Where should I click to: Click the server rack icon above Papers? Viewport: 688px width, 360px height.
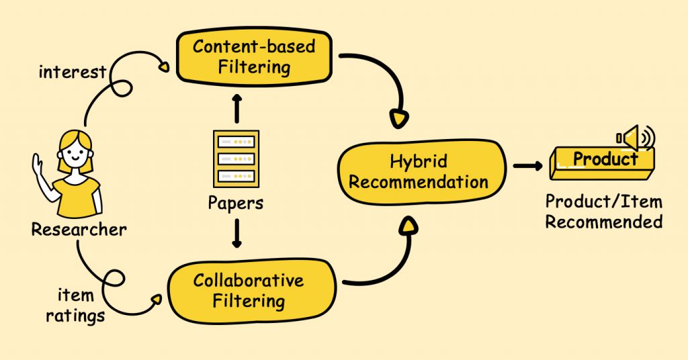click(236, 159)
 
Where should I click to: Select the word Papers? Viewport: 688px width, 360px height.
click(236, 202)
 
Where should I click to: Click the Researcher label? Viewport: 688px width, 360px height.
click(78, 230)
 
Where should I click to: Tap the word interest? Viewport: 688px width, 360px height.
click(72, 72)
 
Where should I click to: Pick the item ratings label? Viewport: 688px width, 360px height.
click(75, 305)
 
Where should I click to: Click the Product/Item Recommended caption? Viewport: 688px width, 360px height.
click(603, 212)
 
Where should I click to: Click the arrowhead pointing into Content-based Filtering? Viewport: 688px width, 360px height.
click(163, 66)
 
